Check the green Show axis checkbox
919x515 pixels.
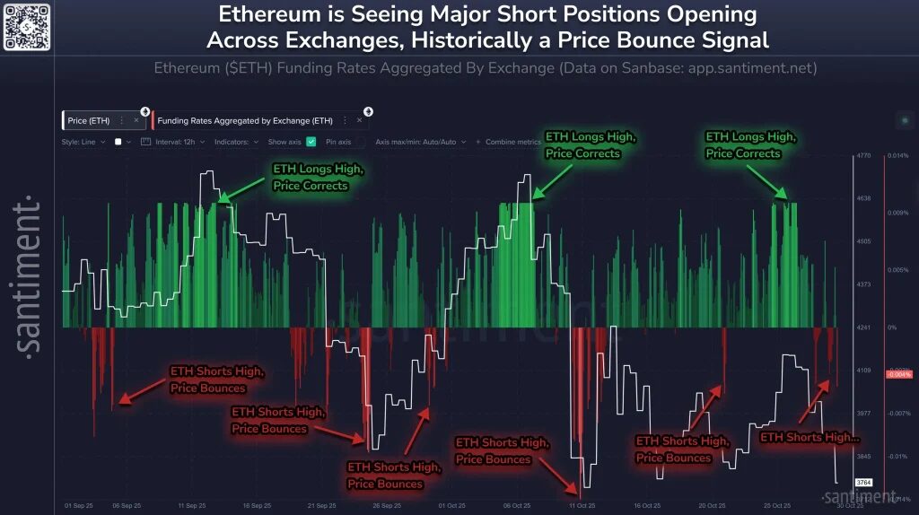click(311, 142)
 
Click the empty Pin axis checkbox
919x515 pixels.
click(360, 142)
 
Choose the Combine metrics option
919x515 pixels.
click(512, 142)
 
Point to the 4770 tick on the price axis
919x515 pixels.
click(864, 155)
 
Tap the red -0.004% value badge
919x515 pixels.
click(898, 374)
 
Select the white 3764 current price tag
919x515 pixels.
click(863, 483)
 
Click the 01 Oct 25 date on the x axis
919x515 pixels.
click(451, 505)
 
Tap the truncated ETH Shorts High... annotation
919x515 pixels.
click(810, 437)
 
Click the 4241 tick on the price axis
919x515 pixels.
click(864, 327)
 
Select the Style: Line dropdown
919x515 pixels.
click(84, 142)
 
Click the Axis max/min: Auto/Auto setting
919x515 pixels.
click(421, 142)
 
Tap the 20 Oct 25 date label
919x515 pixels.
click(712, 505)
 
